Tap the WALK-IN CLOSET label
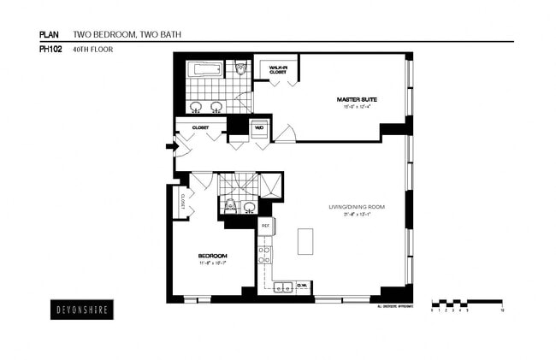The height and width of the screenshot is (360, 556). pos(278,69)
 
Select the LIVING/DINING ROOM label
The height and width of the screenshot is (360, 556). pos(357,207)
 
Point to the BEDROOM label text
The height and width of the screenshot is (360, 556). pos(212,257)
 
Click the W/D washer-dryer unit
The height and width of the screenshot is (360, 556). pos(258,130)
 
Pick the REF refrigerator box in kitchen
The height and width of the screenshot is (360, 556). pos(265,226)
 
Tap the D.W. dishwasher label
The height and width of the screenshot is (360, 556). pos(301,286)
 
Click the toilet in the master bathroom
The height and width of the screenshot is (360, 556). pos(241,68)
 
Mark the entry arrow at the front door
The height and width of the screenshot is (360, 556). pos(171,146)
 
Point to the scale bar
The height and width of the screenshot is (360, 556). pos(467,304)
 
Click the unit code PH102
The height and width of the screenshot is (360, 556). pos(50,49)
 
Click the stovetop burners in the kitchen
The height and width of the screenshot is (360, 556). pos(265,254)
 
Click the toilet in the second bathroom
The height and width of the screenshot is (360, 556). pos(229,204)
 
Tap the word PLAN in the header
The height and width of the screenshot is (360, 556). pos(50,35)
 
